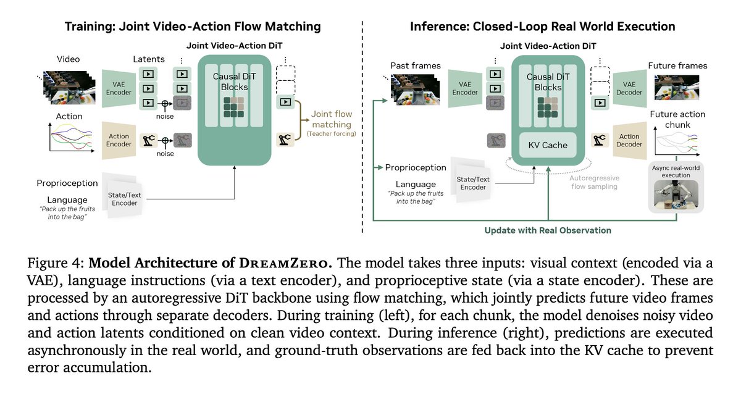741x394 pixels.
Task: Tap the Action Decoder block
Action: click(629, 141)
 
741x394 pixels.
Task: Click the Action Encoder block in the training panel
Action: click(119, 141)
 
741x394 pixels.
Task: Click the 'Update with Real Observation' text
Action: click(548, 230)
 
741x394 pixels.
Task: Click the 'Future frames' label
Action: click(677, 65)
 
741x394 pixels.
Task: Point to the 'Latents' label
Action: click(149, 59)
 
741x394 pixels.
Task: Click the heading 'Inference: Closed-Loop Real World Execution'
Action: click(542, 26)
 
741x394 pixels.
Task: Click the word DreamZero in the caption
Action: click(297, 263)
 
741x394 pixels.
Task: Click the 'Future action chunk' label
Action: click(678, 119)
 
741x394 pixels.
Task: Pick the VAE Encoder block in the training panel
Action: click(119, 88)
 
